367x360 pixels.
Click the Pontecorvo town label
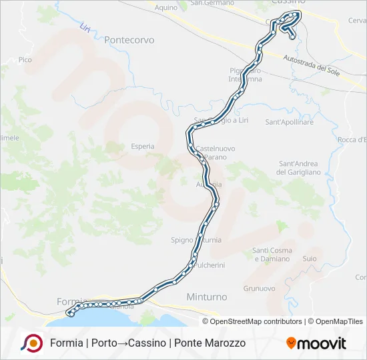(129, 40)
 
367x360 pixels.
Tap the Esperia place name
(143, 146)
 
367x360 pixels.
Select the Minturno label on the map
(207, 297)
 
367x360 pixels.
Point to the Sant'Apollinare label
(290, 123)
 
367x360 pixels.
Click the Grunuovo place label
(260, 289)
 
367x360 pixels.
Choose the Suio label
(310, 258)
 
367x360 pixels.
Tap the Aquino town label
(165, 7)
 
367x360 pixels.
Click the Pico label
(25, 60)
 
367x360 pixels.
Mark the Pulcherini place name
(208, 265)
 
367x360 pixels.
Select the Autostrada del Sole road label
(313, 65)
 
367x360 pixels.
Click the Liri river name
(85, 29)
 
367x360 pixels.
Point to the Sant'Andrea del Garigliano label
(299, 168)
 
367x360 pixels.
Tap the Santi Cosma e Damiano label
(272, 254)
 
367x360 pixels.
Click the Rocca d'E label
(352, 139)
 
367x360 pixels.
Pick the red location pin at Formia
(69, 311)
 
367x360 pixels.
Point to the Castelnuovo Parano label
(214, 152)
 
